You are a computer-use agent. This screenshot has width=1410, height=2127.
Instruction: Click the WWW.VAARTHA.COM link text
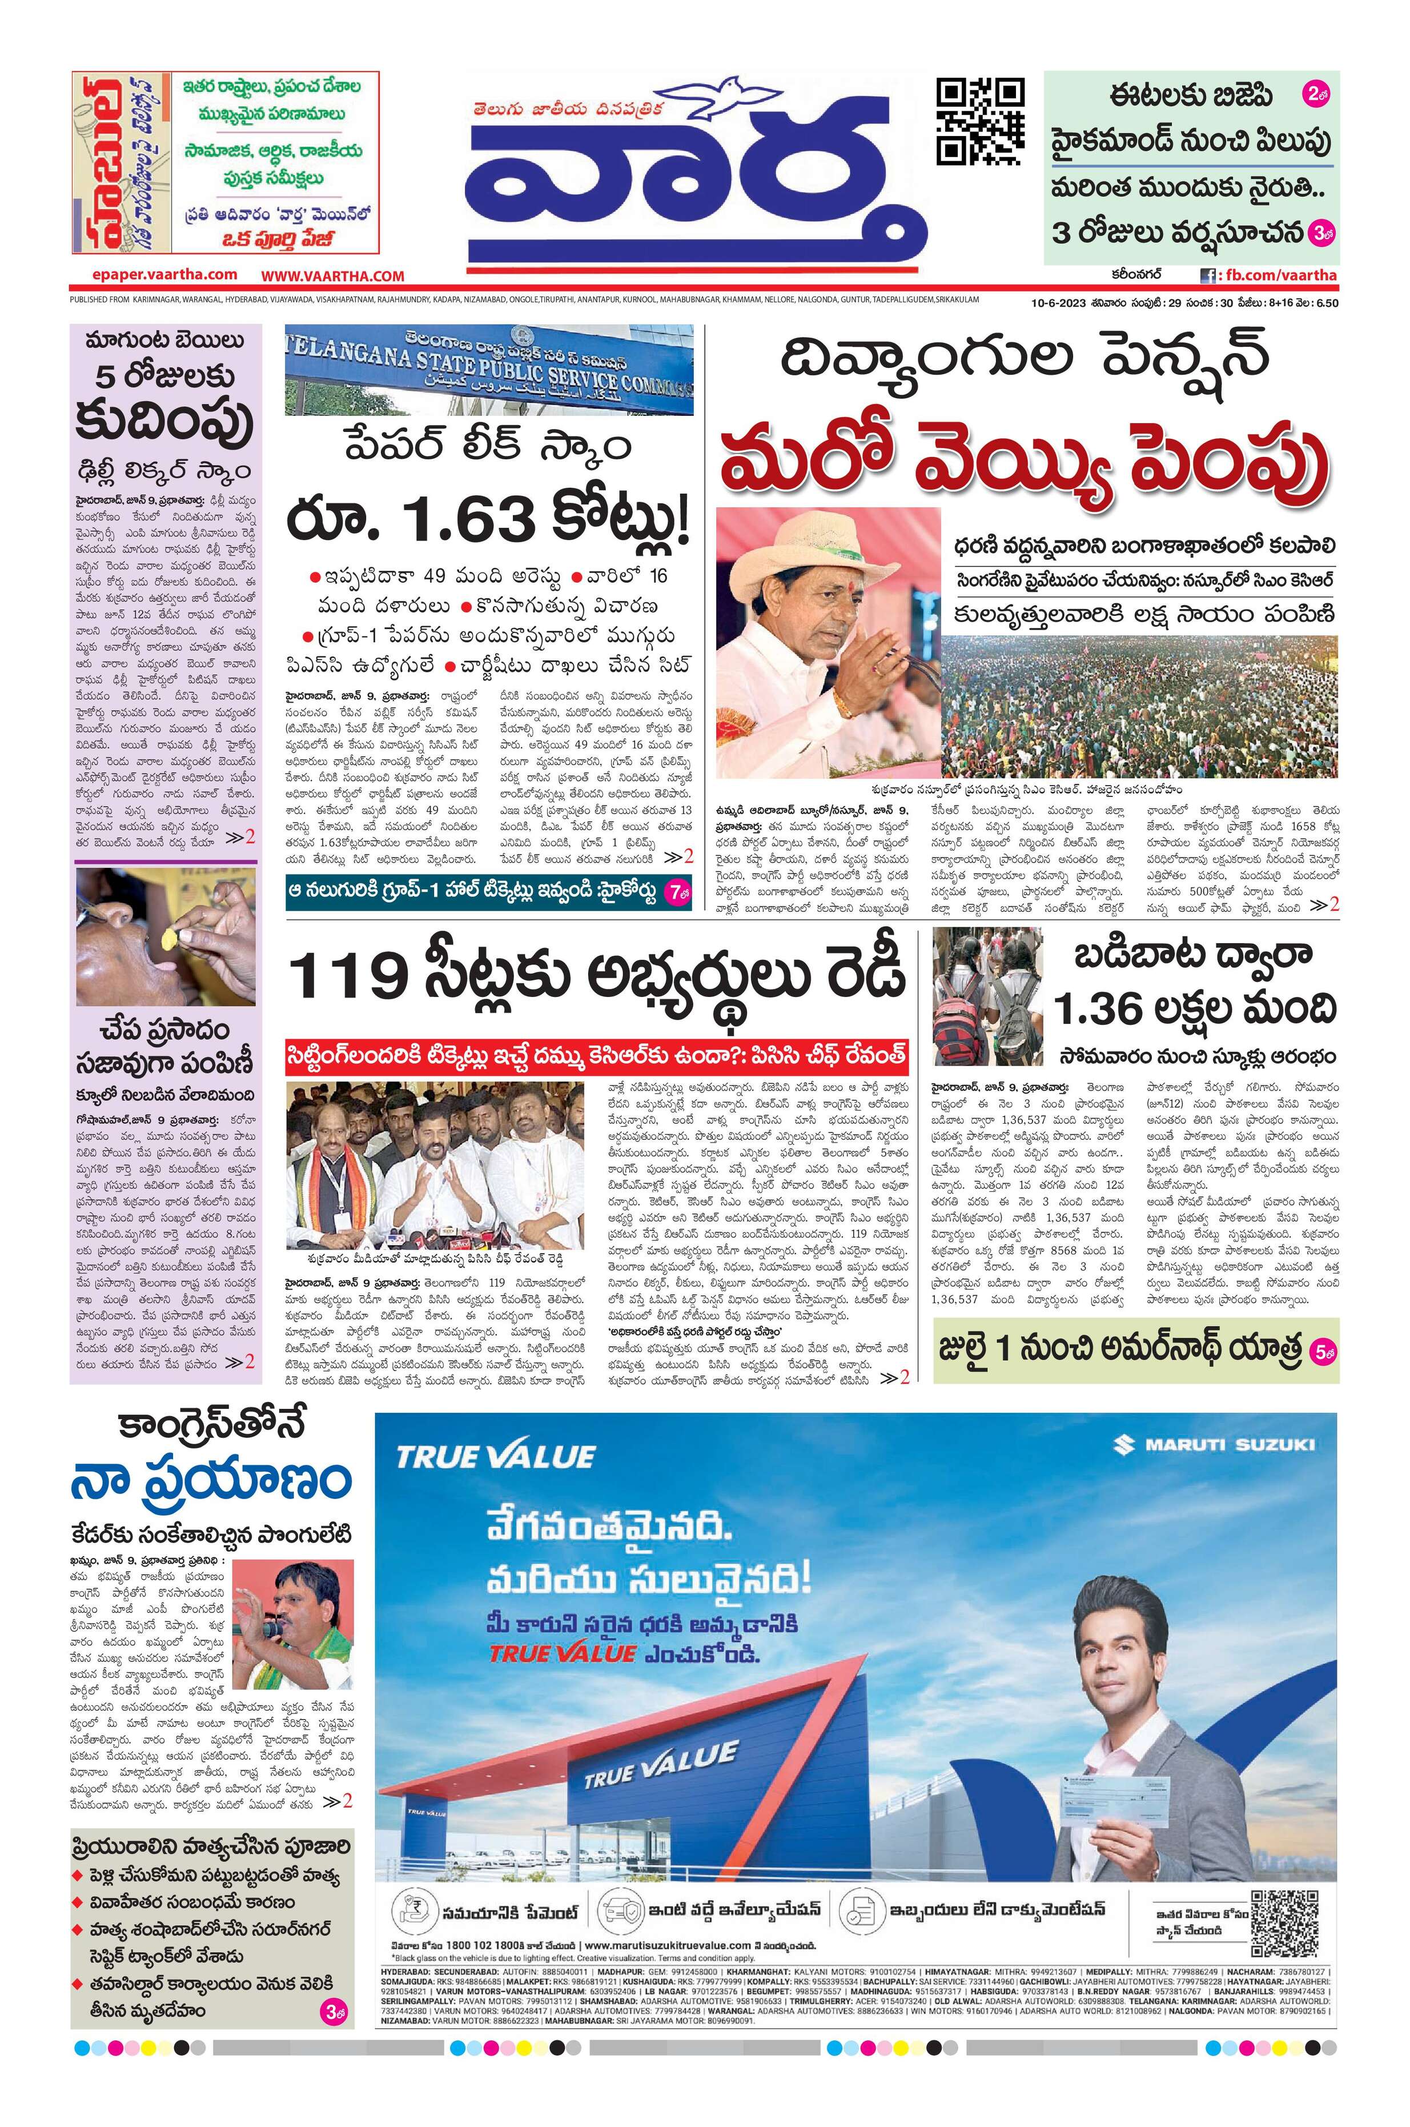pyautogui.click(x=333, y=276)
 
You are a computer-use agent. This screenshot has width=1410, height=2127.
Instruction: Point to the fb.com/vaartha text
pyautogui.click(x=1277, y=275)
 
